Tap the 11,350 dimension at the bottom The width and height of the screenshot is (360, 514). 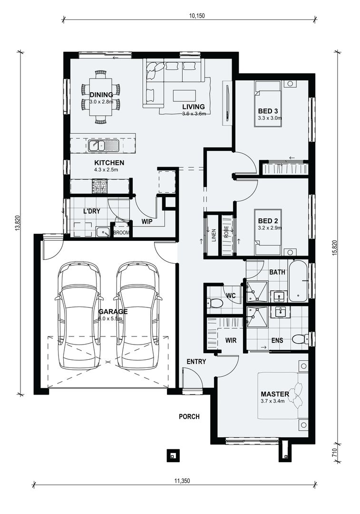182,481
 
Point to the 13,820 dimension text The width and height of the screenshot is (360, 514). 18,224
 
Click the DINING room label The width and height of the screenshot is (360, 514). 101,95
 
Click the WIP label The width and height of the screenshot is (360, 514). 147,221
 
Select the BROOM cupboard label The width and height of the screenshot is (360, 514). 122,233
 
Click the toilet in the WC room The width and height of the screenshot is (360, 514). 214,303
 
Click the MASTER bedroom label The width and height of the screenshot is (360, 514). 275,394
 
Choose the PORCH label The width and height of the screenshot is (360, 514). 189,416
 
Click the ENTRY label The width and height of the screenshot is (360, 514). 196,362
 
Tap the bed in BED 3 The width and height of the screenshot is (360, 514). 267,103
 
